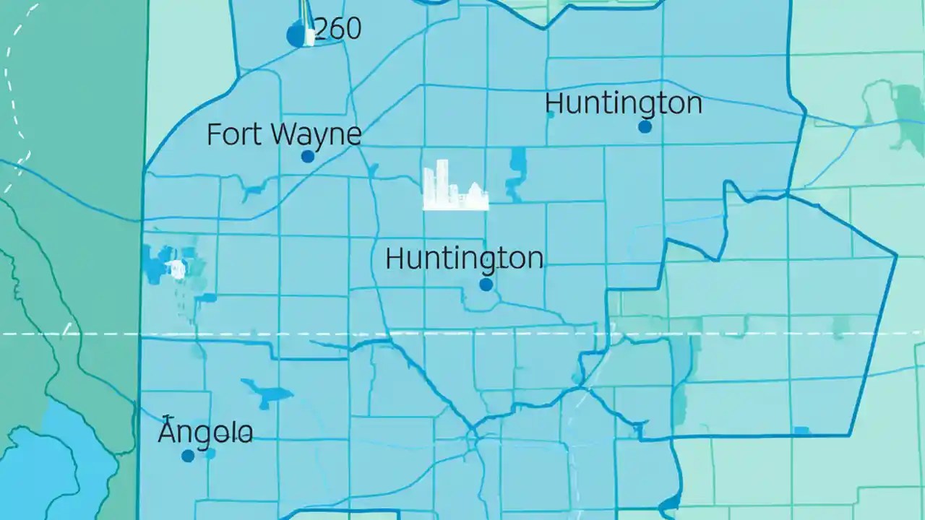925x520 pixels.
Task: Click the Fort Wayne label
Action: [283, 135]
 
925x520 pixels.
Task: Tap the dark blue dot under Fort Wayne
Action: [308, 156]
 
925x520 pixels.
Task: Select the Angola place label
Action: [205, 433]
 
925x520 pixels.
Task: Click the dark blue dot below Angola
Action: [188, 456]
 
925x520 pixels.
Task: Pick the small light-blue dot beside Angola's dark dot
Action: [210, 454]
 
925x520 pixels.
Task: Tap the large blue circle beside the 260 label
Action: [296, 35]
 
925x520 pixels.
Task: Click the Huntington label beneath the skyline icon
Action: [464, 259]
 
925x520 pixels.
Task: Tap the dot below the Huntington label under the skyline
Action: [486, 285]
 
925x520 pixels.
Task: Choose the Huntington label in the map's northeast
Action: [623, 103]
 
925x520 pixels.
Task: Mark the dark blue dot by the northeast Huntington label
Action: [645, 126]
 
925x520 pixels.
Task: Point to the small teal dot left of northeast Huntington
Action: [551, 114]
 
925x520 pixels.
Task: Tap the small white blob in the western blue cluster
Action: [176, 270]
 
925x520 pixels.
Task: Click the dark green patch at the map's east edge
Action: [908, 108]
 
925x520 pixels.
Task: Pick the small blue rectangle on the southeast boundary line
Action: [801, 431]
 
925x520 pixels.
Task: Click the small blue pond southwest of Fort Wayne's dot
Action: [254, 192]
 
